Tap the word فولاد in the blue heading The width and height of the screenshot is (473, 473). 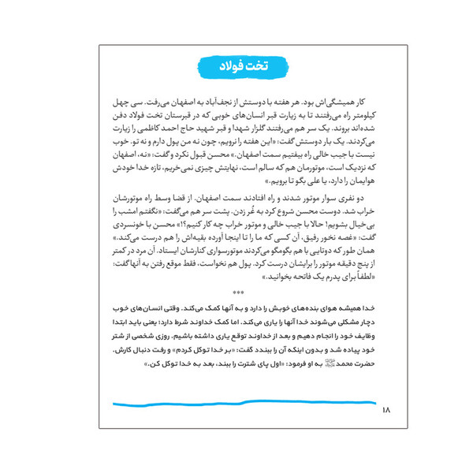(x=229, y=65)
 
